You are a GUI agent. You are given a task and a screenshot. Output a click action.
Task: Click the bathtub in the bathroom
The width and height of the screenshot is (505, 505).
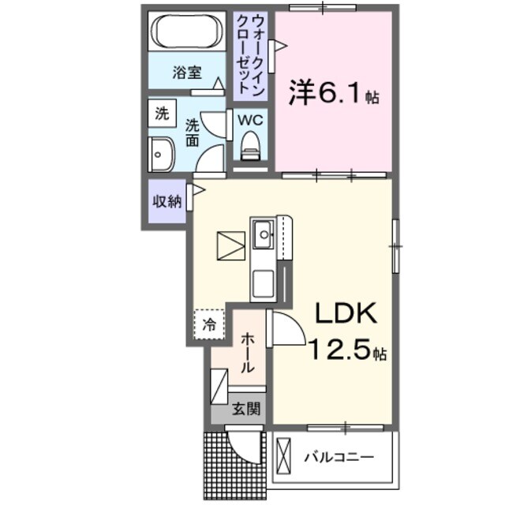coord(189,32)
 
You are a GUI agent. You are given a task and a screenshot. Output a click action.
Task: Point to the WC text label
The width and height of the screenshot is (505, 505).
coord(250,121)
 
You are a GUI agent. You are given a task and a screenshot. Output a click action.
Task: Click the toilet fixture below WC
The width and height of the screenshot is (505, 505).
coord(251,145)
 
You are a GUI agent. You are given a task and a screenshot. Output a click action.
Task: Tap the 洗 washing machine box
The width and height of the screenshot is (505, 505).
coord(162,113)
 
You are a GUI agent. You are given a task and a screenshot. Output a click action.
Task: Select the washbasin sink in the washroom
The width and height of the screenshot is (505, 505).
coord(163,152)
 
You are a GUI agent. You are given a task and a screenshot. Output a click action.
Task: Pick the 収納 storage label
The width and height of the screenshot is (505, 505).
coord(166,201)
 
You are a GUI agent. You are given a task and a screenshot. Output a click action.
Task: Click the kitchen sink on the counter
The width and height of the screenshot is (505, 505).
coord(263,231)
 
